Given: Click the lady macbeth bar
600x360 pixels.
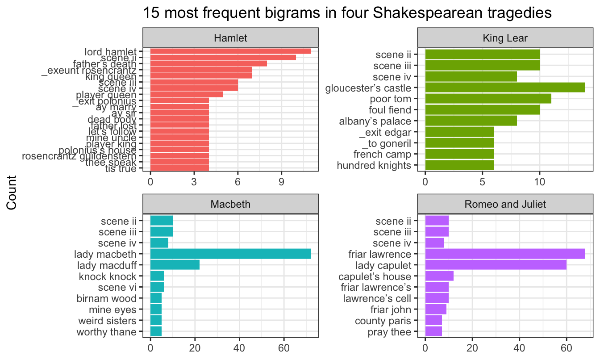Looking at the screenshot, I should click(x=230, y=255).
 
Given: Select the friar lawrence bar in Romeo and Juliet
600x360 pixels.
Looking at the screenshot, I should click(x=505, y=255).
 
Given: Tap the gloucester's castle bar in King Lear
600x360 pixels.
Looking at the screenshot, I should click(x=505, y=88).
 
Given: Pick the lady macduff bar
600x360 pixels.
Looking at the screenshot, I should click(x=175, y=266).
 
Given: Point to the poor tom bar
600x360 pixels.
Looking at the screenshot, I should click(x=488, y=99).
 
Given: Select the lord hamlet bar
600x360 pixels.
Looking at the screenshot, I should click(x=230, y=51).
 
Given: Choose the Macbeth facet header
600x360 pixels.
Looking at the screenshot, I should click(x=230, y=205).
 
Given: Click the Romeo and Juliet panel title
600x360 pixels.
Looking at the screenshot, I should click(x=505, y=205).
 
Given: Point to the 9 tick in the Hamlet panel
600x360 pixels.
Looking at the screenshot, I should click(x=281, y=183).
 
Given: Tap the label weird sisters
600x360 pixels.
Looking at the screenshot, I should click(x=113, y=321).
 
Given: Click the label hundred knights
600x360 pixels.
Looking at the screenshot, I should click(x=374, y=166).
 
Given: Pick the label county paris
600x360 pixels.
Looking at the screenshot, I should click(x=383, y=321).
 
